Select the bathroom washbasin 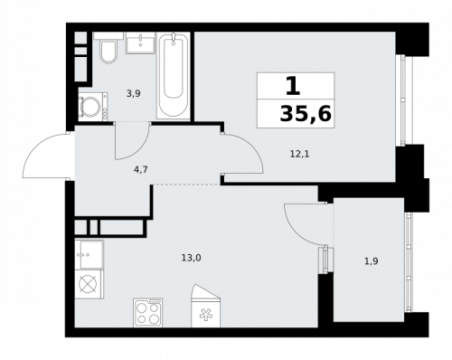click(x=139, y=44)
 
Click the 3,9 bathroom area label click(x=133, y=93)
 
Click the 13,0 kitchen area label click(x=191, y=258)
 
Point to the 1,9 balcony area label click(x=372, y=261)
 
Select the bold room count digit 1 click(x=292, y=87)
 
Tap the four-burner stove click(x=147, y=312)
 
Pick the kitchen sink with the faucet click(x=89, y=253)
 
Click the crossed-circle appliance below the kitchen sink click(x=88, y=284)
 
